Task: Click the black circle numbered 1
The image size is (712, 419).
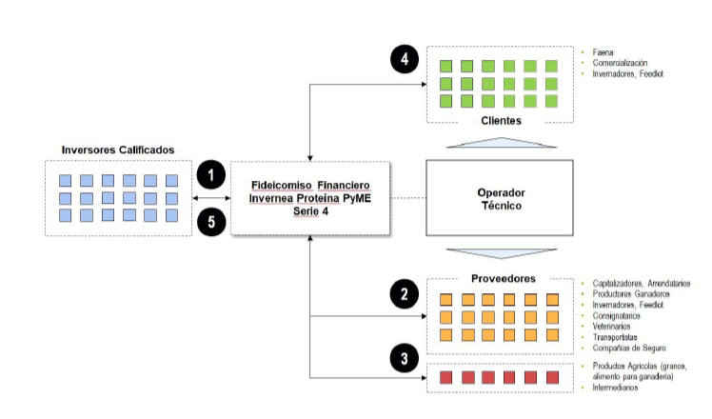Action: click(x=211, y=174)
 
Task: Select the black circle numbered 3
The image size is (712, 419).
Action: click(x=405, y=359)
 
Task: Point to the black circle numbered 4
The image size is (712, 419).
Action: click(x=405, y=60)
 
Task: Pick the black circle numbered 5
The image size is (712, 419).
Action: click(x=211, y=223)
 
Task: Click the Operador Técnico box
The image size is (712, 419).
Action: click(x=501, y=199)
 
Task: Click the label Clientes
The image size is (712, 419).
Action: click(x=501, y=122)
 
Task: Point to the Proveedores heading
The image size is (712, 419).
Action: click(x=501, y=278)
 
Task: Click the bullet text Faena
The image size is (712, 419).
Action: click(x=603, y=51)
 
